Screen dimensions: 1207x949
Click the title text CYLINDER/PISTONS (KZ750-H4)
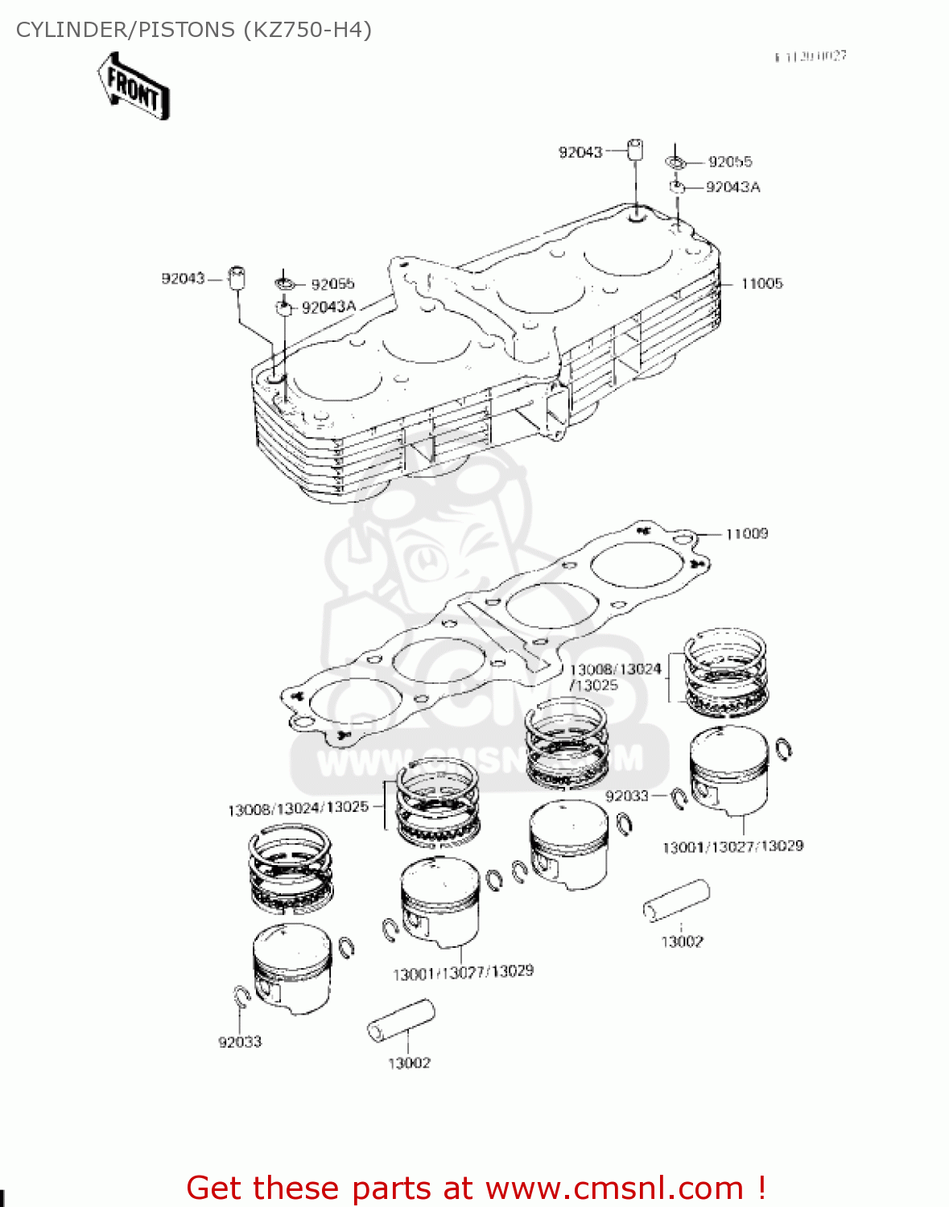point(193,30)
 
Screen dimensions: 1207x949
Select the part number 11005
point(761,283)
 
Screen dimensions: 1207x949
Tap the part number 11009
point(746,533)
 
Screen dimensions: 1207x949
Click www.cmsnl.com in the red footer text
point(614,1188)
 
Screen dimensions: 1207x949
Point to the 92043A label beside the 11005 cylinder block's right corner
point(732,187)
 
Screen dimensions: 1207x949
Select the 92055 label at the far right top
point(730,162)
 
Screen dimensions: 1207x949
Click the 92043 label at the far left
point(183,278)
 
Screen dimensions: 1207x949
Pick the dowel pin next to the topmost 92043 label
point(635,150)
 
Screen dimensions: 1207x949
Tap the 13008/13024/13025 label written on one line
point(298,808)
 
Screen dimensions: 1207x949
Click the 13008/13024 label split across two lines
point(615,669)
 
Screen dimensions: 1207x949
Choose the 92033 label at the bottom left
point(240,1042)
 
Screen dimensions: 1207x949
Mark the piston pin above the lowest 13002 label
point(401,1022)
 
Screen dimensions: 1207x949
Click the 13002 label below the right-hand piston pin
point(682,941)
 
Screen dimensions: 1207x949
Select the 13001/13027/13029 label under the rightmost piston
point(732,847)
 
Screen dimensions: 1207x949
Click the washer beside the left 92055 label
point(285,283)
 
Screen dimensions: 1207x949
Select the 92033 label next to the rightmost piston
point(626,796)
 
